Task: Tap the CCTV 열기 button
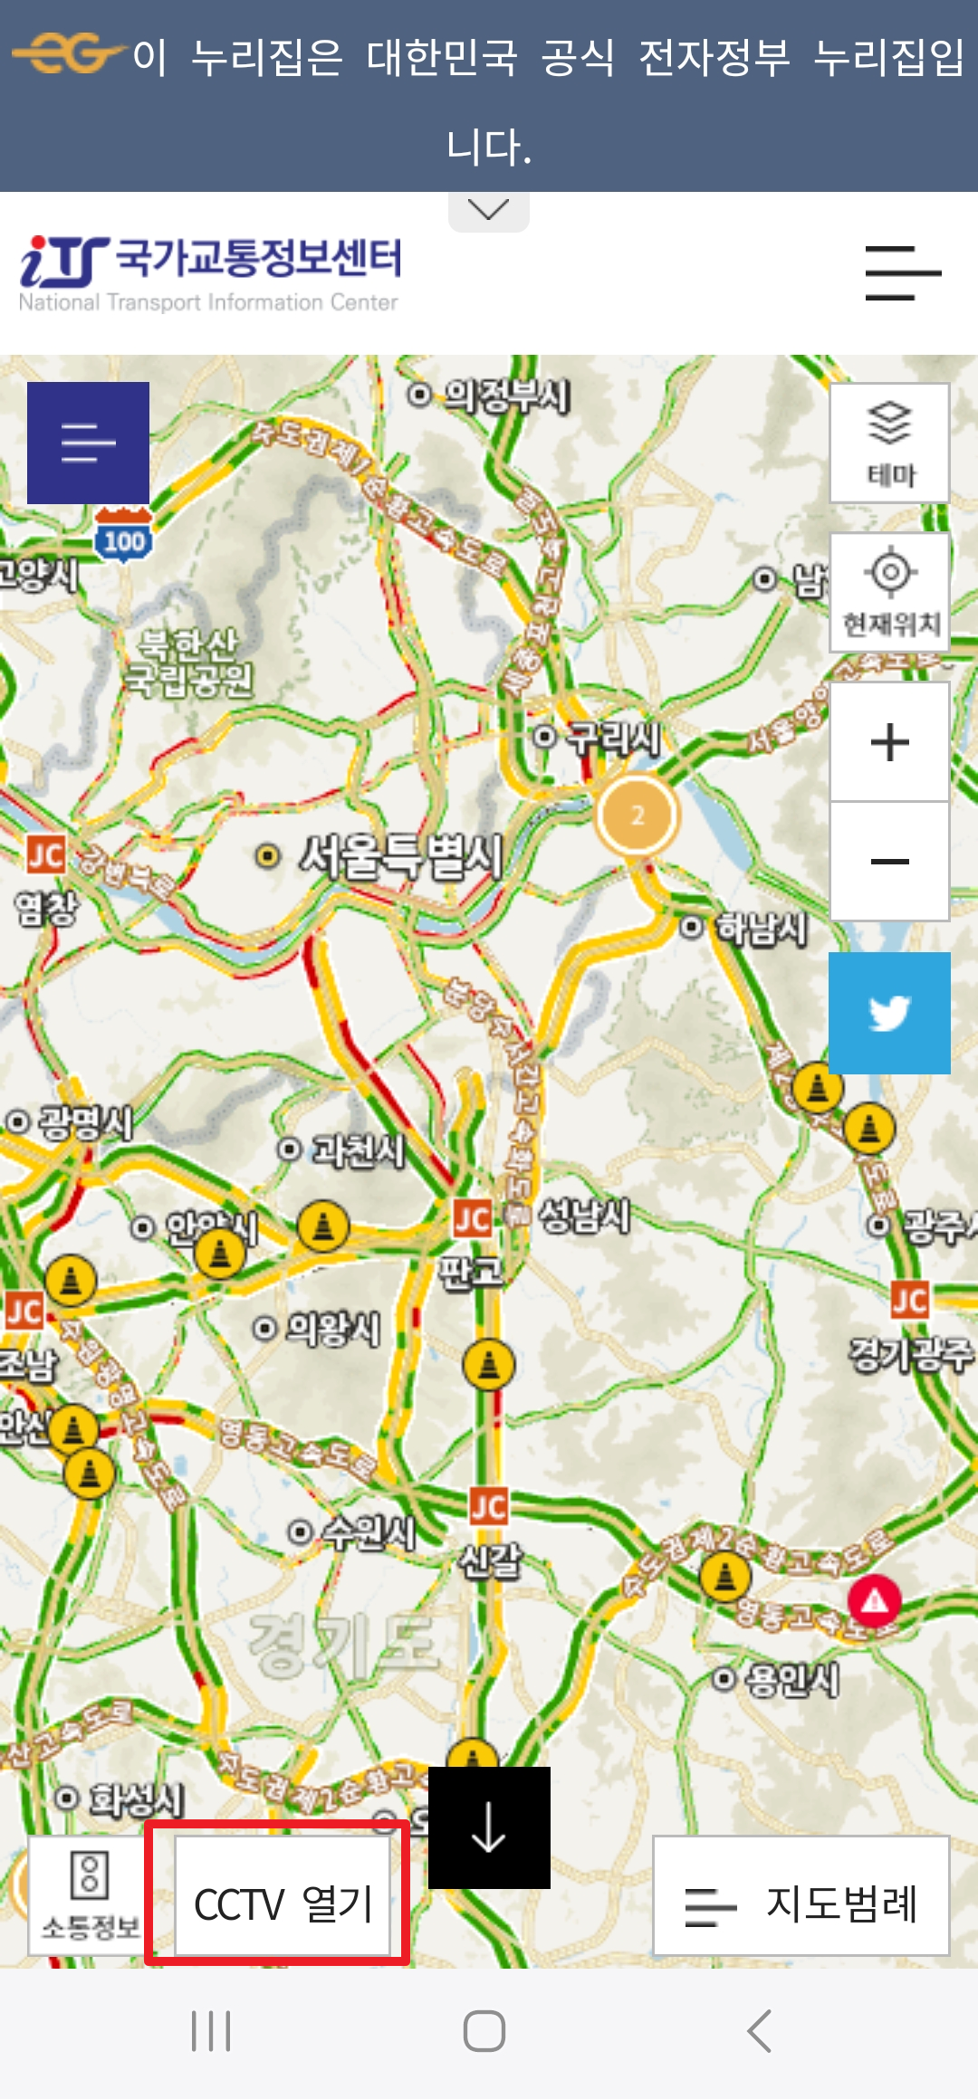(283, 1896)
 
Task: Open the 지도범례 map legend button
(801, 1896)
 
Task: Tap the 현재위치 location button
(889, 592)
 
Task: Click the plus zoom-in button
(889, 742)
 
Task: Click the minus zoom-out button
(889, 861)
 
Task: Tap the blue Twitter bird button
(889, 1013)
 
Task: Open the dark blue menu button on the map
(88, 443)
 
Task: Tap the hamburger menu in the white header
(902, 272)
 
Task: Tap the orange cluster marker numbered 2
(638, 816)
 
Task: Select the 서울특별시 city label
(401, 856)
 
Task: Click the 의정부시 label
(505, 396)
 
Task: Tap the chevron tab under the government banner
(489, 211)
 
